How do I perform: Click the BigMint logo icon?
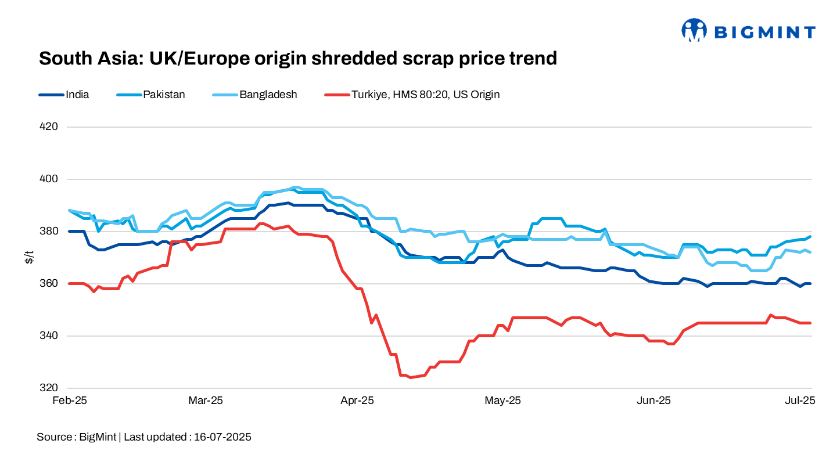pos(694,31)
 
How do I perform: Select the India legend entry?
pos(77,95)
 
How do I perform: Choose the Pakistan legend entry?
pos(164,95)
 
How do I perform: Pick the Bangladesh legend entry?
pos(268,95)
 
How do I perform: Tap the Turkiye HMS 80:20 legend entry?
pos(425,95)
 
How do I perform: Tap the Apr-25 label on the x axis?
pos(357,401)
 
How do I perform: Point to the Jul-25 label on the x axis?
pos(800,401)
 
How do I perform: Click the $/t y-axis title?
pos(29,257)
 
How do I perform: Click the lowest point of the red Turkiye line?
pos(410,377)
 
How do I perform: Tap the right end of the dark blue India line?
pos(810,283)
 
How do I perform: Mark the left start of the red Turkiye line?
pos(69,283)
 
